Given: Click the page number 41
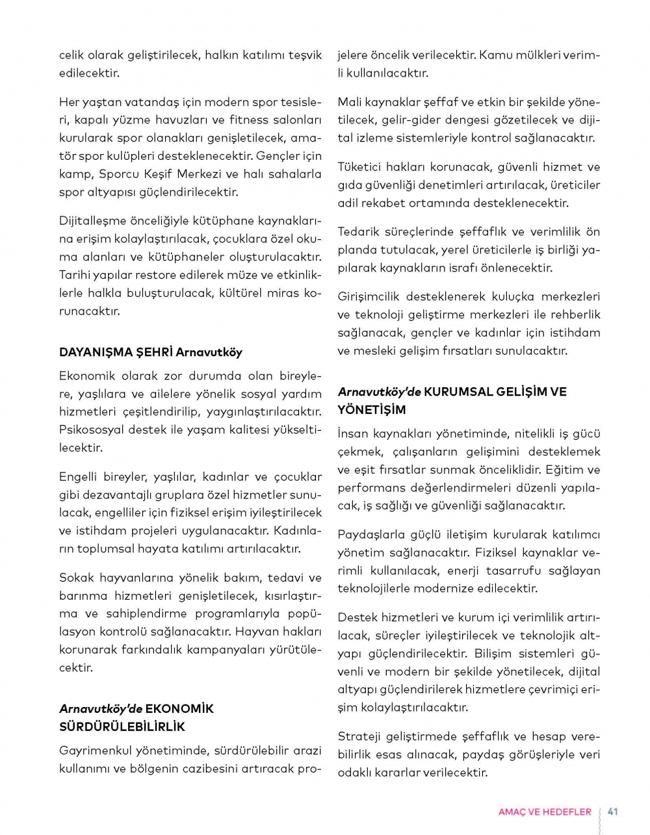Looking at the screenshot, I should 612,812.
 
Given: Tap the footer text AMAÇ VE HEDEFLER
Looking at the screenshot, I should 545,812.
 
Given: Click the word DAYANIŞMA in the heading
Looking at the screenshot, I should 95,352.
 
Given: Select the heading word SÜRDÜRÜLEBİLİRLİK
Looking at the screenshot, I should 122,726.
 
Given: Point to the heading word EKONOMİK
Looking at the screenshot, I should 179,708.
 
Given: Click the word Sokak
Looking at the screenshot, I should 77,577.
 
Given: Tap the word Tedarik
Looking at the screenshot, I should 359,232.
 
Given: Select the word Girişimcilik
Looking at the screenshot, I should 368,297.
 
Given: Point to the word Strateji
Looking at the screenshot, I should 359,736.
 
